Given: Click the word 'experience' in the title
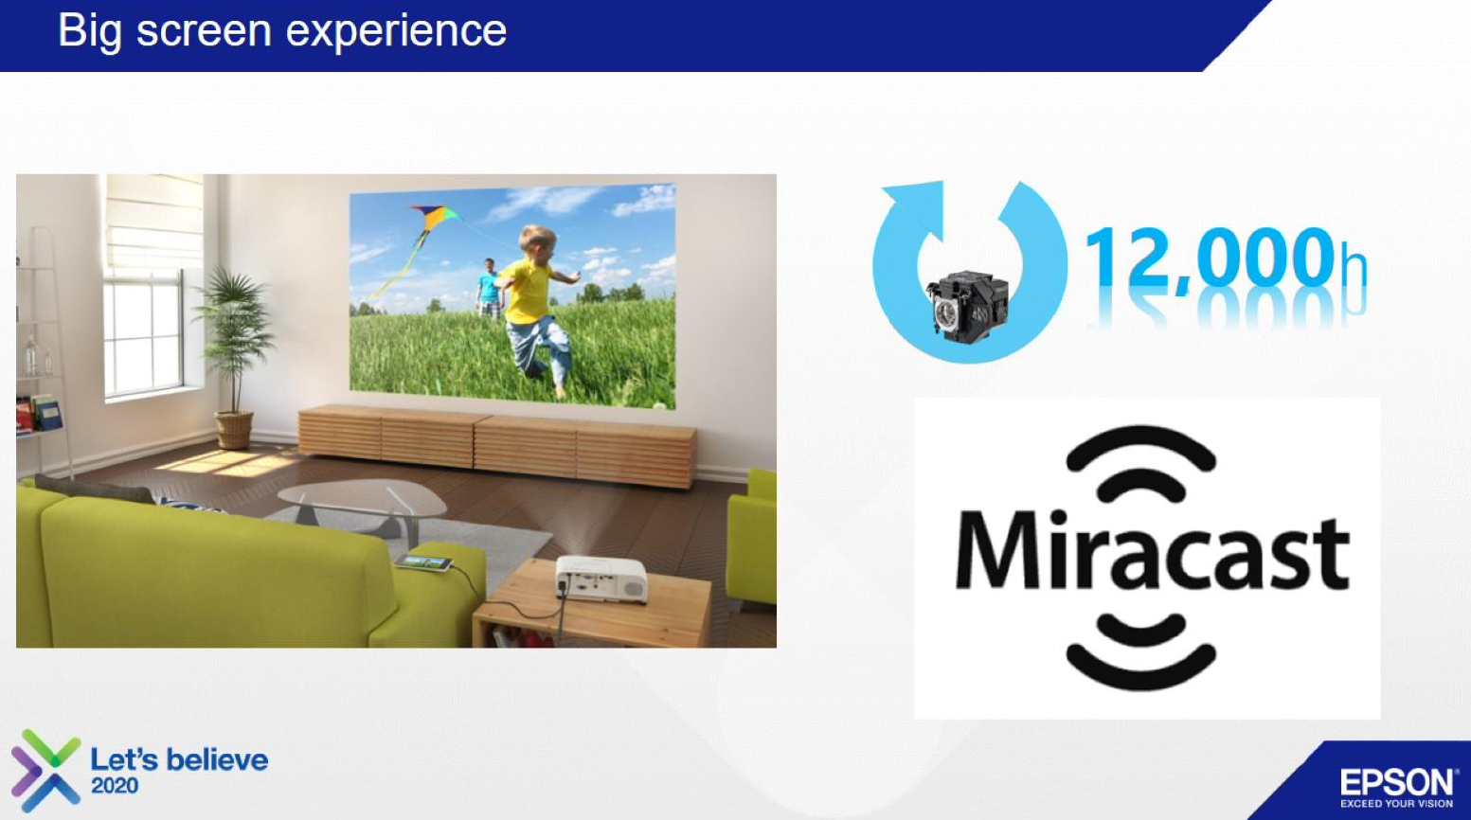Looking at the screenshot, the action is (396, 31).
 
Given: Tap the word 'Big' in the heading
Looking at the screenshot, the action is (89, 31).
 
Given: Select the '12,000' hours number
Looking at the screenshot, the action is (1211, 258).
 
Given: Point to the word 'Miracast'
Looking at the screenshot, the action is (1153, 552).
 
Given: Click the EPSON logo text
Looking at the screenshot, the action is (1397, 782).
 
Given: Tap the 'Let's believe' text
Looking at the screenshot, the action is (179, 760).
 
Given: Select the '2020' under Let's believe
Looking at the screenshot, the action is (115, 786).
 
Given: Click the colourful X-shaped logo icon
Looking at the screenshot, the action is (46, 770).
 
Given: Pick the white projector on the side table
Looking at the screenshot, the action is (601, 578).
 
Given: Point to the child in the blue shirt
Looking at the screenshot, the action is (488, 289).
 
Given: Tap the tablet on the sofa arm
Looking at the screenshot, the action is (424, 562).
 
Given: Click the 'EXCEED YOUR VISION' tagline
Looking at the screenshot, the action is (1397, 804).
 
